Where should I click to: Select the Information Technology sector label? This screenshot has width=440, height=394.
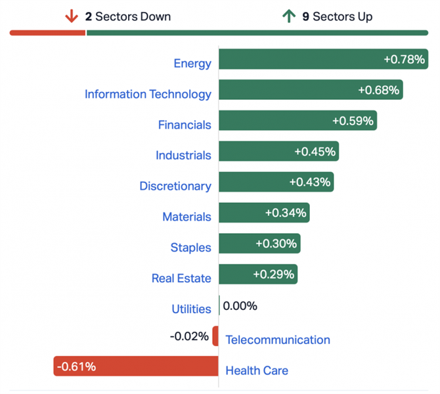[148, 94]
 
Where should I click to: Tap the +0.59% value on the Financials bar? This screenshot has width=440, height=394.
[353, 121]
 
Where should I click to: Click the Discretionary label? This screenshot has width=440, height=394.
[175, 186]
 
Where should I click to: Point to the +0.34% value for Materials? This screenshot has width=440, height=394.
[286, 213]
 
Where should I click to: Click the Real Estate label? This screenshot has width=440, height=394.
[181, 278]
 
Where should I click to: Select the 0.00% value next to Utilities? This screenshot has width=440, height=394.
[240, 305]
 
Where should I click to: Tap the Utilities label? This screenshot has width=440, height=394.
[191, 309]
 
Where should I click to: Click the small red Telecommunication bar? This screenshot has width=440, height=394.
[215, 336]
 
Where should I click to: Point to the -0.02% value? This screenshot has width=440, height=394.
[189, 336]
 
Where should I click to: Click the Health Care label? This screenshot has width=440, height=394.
[257, 370]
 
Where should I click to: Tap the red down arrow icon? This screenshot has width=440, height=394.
[72, 16]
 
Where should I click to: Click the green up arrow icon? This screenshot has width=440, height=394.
[288, 16]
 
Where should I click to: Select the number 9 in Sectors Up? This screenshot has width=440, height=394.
[305, 16]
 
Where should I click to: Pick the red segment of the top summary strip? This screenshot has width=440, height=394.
[47, 32]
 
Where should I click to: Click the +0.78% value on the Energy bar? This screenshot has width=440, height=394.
[404, 59]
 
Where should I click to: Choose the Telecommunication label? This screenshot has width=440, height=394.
[278, 339]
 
